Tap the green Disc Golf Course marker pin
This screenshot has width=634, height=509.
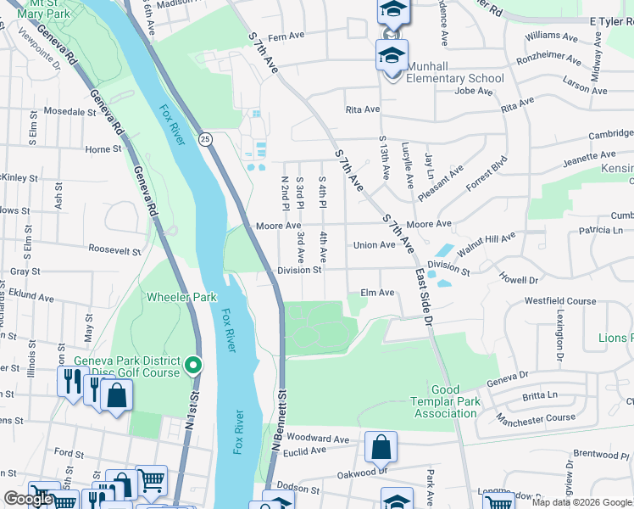193,366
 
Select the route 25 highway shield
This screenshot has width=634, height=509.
205,137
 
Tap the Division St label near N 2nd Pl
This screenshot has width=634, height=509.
299,271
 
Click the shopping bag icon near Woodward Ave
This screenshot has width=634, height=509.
381,446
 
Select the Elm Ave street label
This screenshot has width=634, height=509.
378,293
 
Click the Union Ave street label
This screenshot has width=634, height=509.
375,245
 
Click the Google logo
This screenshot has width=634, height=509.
28,499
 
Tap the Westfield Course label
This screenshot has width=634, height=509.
560,301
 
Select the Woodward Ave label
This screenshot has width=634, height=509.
317,439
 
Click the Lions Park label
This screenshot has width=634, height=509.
615,338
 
